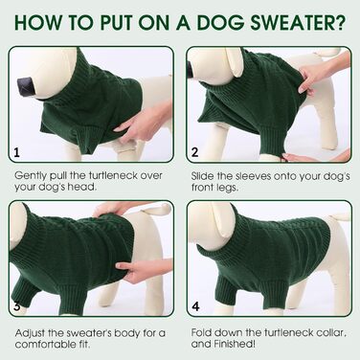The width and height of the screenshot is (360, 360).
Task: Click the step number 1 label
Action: [x=17, y=152]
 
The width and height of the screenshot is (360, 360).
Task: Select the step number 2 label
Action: [x=195, y=152]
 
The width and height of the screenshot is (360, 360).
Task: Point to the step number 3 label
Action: [x=17, y=306]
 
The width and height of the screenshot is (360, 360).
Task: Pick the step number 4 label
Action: [x=195, y=306]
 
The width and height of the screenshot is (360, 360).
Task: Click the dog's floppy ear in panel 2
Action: [x=234, y=62]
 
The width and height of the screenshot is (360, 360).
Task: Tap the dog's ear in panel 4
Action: [x=224, y=220]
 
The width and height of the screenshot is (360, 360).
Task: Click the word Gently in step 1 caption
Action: [x=31, y=176]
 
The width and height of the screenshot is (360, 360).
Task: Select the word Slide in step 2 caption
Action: [x=202, y=176]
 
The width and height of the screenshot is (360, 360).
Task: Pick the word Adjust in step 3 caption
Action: [x=30, y=333]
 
